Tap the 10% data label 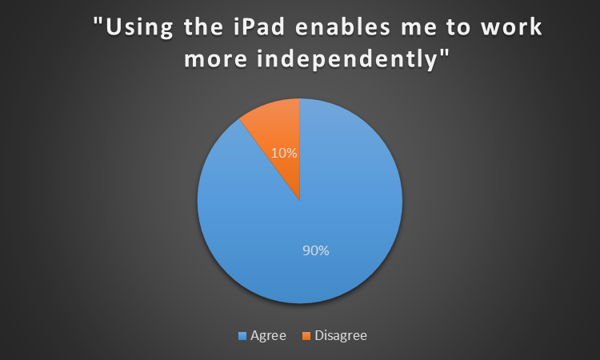tap(284, 153)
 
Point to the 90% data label tap(316, 250)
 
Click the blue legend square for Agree tap(242, 336)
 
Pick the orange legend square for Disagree tap(306, 336)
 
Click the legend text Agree tap(268, 336)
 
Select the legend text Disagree tap(341, 336)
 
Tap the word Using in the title tap(140, 28)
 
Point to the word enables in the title tap(343, 27)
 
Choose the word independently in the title tap(346, 60)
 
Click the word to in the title tap(458, 28)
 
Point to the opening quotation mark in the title tap(98, 22)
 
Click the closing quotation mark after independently tap(444, 54)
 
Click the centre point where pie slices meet tap(300, 201)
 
